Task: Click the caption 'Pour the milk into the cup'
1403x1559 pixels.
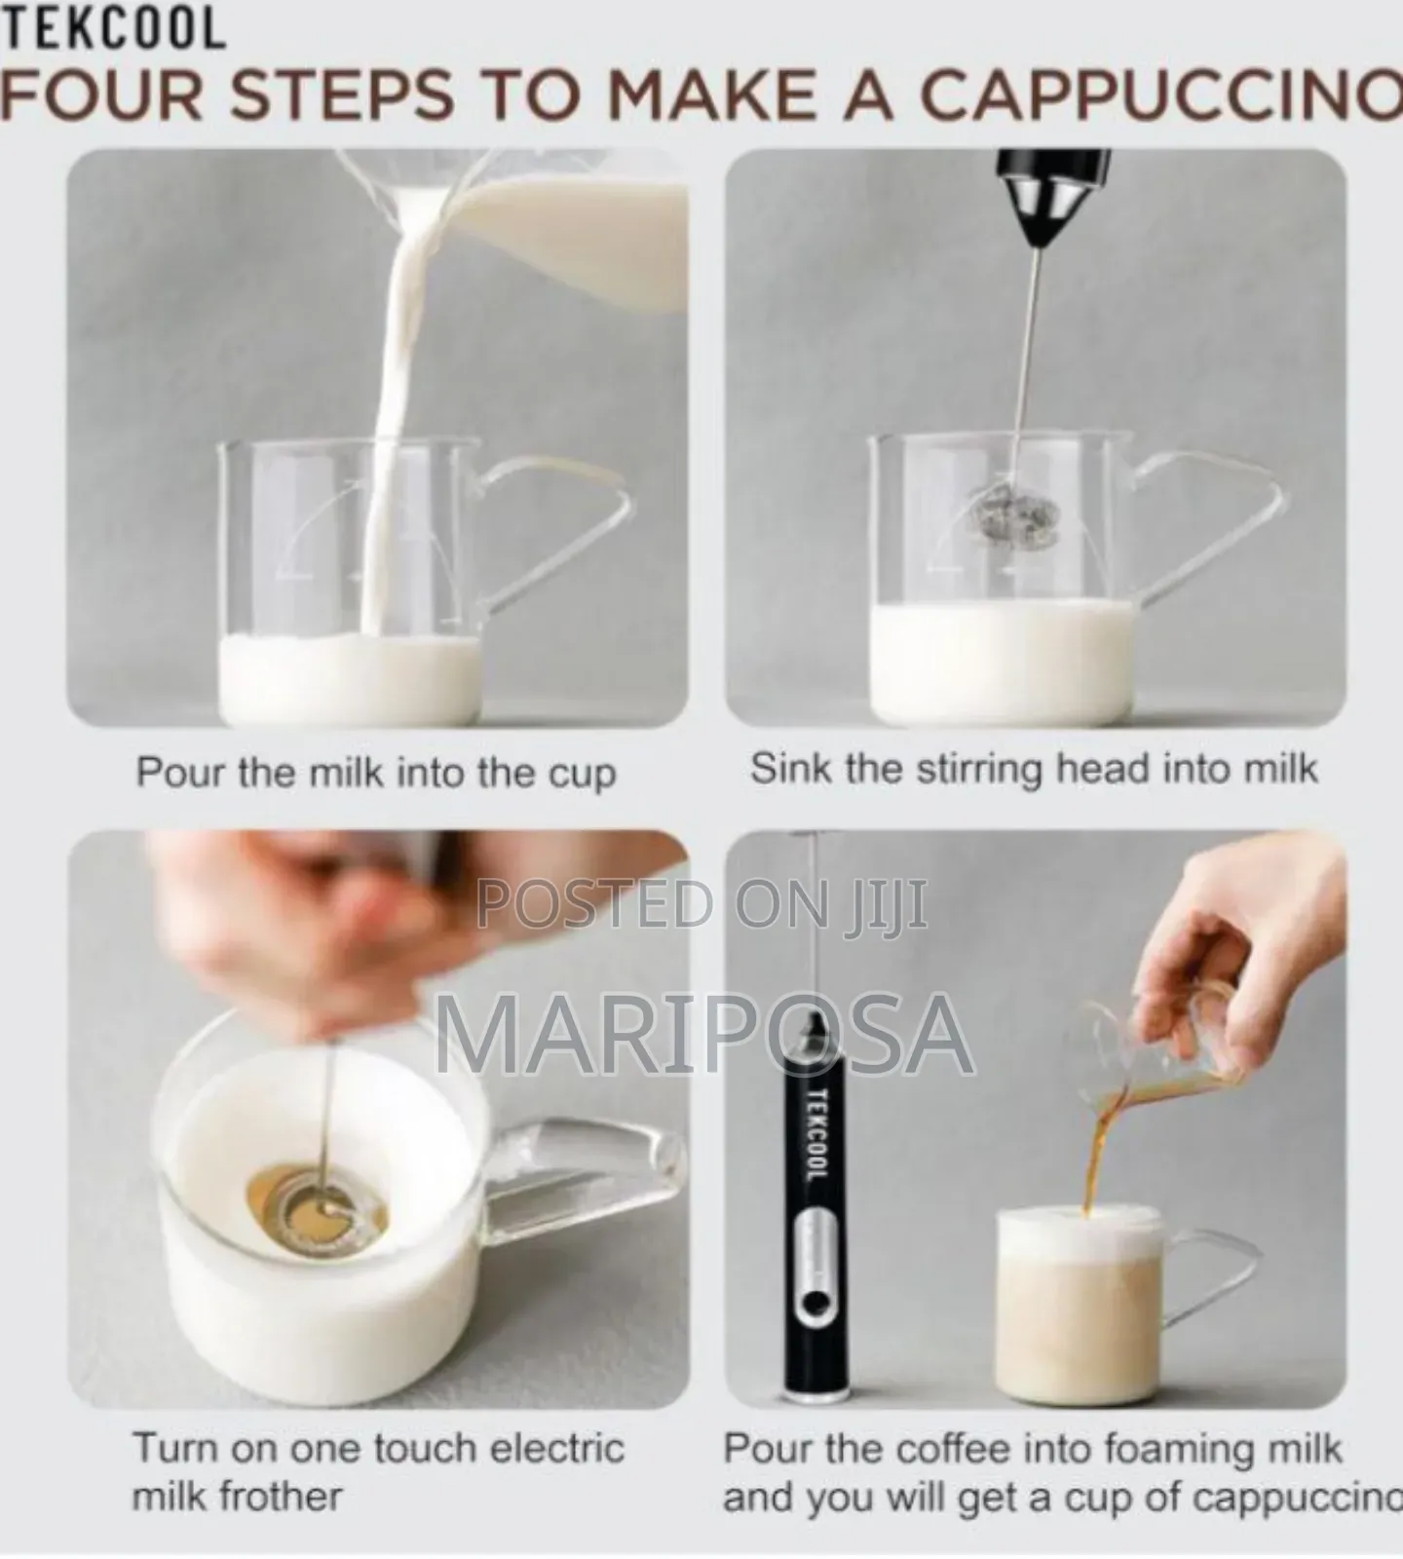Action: click(375, 773)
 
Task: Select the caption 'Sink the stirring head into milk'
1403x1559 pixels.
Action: click(1033, 770)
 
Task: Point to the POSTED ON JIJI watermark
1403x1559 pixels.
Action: click(701, 904)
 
